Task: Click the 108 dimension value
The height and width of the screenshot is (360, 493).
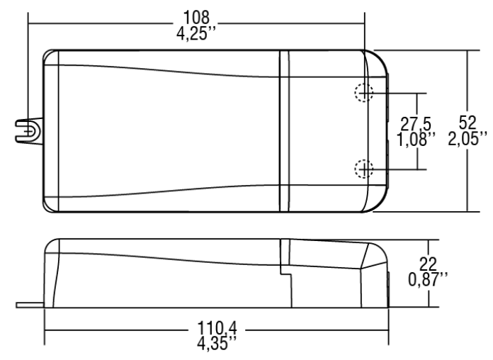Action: tap(196, 18)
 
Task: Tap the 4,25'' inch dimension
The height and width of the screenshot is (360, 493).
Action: tap(196, 33)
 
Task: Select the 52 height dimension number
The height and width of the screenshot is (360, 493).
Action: tap(467, 123)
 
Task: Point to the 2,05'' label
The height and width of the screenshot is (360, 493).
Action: tap(467, 138)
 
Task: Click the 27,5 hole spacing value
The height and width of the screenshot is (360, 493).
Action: tap(416, 124)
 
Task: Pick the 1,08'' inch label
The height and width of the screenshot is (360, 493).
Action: tap(416, 139)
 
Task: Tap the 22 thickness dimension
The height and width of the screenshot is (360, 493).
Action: tap(428, 264)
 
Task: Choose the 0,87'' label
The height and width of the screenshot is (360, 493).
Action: tap(428, 279)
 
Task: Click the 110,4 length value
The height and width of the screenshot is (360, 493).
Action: tap(217, 328)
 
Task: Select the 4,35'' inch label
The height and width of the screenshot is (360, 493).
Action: tap(217, 343)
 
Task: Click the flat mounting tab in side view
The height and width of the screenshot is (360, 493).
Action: tap(30, 305)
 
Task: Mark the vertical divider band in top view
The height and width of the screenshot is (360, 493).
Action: tap(284, 131)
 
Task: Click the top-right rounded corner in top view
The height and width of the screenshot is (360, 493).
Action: tap(381, 57)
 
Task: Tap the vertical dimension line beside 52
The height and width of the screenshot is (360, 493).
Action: tap(467, 131)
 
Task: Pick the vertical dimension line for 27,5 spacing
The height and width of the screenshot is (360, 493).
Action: tap(417, 131)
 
